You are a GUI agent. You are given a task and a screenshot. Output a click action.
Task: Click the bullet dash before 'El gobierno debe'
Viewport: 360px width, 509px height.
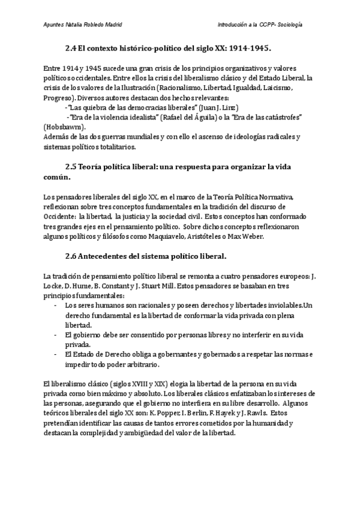tap(55, 335)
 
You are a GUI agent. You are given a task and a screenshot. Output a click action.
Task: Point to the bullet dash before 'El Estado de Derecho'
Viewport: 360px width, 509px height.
tap(55, 354)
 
